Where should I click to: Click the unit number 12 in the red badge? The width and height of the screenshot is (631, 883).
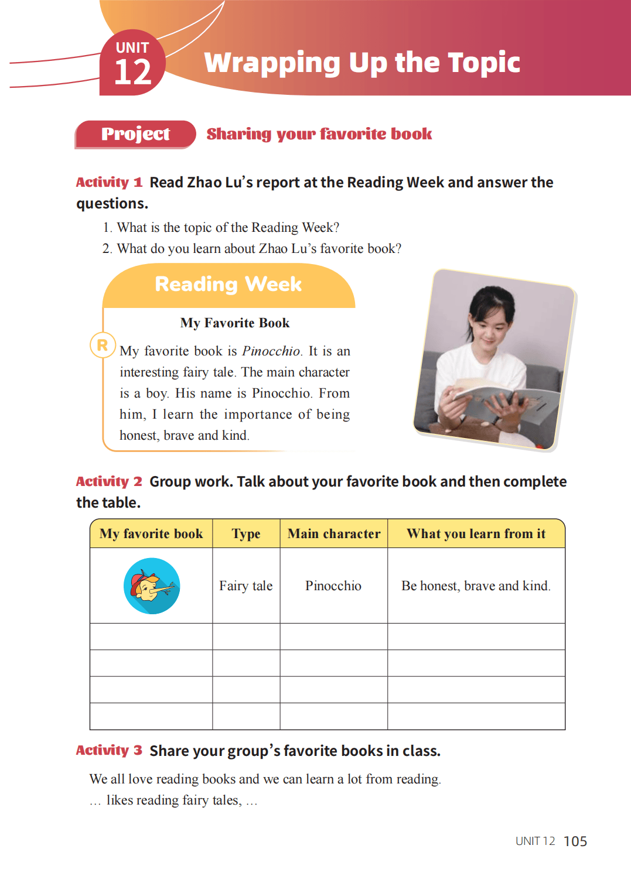point(132,73)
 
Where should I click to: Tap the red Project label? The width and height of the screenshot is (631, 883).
point(135,134)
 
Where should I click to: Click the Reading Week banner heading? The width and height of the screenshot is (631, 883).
point(228,285)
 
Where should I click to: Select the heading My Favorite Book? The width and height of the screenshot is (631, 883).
point(234,323)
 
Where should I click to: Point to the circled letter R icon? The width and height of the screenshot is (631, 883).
point(103,345)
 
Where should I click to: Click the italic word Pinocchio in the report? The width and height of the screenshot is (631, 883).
point(271,351)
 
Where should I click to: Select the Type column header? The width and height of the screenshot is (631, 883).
point(246,534)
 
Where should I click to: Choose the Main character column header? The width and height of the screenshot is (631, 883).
point(334,534)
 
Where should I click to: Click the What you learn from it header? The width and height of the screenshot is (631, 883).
point(476,534)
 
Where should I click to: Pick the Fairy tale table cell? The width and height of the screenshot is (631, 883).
point(246,586)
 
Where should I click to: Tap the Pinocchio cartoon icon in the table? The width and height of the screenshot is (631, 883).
point(152,586)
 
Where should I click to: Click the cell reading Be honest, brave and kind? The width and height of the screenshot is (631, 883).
point(476,586)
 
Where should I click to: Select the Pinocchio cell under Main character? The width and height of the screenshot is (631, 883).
point(333,586)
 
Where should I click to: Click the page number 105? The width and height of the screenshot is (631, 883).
point(575,841)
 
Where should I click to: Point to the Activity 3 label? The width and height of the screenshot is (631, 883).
point(109,751)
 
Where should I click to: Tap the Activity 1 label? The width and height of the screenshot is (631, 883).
point(109,182)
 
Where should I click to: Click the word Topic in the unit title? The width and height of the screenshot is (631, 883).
point(483,63)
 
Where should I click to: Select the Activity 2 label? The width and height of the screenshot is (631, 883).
point(109,481)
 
